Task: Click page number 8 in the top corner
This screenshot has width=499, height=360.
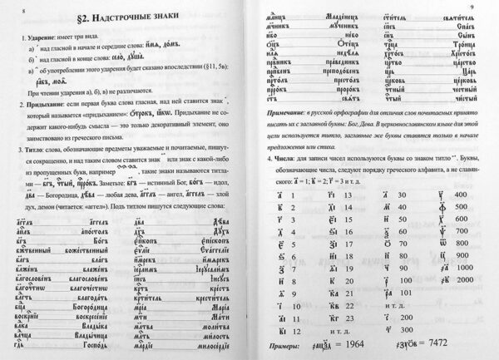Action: [x=10, y=7]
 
